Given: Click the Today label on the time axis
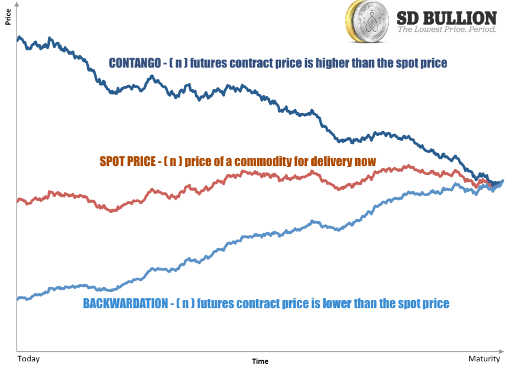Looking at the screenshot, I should pyautogui.click(x=28, y=358).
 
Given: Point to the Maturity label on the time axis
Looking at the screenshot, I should pyautogui.click(x=484, y=358).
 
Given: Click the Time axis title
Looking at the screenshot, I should pyautogui.click(x=260, y=361).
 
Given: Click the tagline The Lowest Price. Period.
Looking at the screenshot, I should pyautogui.click(x=447, y=29).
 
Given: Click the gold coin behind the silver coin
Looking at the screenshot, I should pyautogui.click(x=351, y=20).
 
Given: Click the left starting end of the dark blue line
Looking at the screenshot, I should pyautogui.click(x=19, y=38).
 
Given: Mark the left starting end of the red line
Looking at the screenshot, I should pyautogui.click(x=19, y=200).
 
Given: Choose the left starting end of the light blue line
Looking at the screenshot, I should pyautogui.click(x=19, y=298).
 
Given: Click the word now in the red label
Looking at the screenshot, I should pyautogui.click(x=367, y=161).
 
